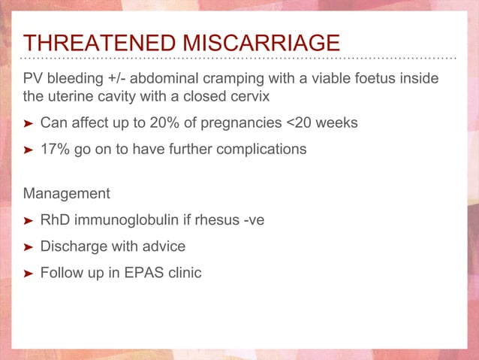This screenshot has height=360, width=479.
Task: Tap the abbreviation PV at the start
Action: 33,80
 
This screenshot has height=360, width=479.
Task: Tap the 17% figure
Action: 54,149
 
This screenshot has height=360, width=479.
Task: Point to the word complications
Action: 264,149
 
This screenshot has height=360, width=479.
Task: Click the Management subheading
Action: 66,194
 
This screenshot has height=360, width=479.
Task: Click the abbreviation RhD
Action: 54,221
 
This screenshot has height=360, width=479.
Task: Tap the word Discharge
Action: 74,247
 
